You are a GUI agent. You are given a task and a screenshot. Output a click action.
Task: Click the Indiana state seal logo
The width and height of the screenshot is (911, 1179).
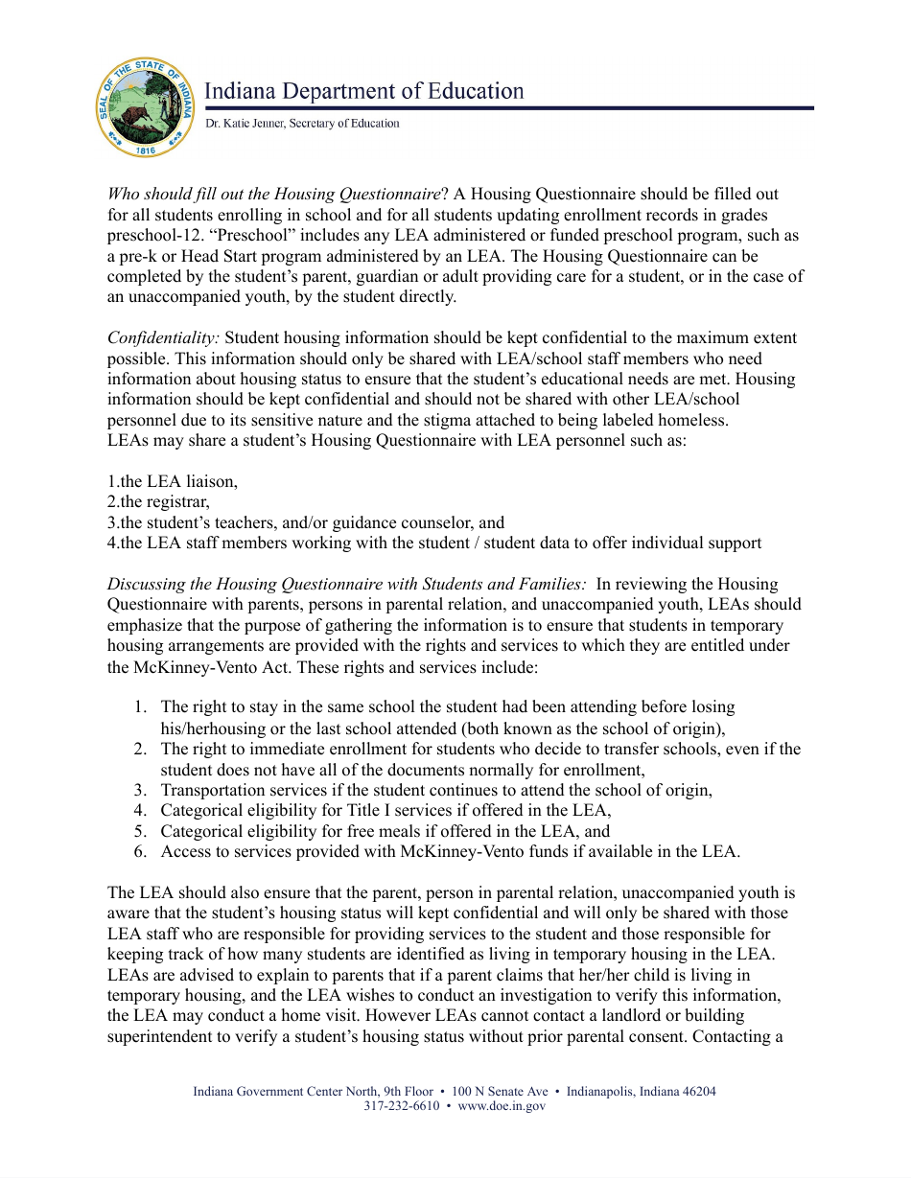pyautogui.click(x=147, y=107)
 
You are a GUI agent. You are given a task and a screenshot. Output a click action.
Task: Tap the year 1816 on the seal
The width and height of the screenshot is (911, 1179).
pyautogui.click(x=147, y=150)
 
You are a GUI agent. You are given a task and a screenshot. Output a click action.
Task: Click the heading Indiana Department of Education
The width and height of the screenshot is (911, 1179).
pyautogui.click(x=364, y=91)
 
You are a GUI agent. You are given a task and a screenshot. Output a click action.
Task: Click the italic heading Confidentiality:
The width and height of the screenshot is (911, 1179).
pyautogui.click(x=163, y=337)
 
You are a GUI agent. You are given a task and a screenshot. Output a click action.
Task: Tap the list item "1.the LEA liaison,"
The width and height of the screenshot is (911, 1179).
pyautogui.click(x=172, y=481)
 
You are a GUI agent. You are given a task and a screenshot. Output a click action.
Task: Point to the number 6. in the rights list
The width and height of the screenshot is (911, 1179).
pyautogui.click(x=139, y=852)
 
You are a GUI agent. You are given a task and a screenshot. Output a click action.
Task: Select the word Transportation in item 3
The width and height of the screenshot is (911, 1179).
pyautogui.click(x=210, y=790)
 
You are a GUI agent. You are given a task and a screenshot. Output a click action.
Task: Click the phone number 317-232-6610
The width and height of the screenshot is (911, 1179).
pyautogui.click(x=401, y=1105)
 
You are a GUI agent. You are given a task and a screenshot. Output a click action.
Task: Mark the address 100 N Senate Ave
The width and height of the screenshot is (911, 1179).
pyautogui.click(x=500, y=1091)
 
